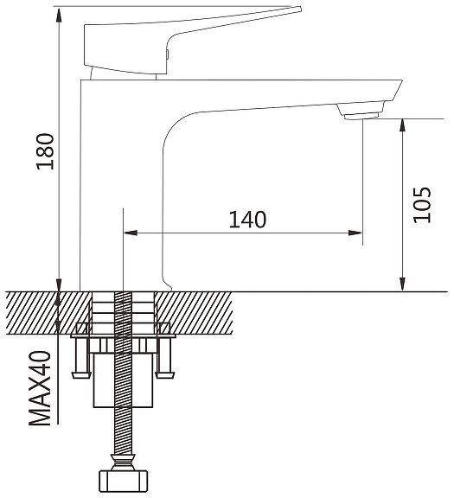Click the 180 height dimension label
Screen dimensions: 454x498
(46, 151)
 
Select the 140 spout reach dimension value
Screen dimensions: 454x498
(247, 220)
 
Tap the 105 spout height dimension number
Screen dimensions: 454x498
(422, 205)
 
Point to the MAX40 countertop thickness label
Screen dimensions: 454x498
(40, 388)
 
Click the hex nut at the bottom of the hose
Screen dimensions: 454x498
(124, 482)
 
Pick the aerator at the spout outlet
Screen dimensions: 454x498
(362, 116)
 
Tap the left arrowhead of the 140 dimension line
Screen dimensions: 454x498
(131, 233)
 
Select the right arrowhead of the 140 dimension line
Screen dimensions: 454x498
(355, 233)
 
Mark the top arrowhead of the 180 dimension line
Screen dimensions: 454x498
(59, 16)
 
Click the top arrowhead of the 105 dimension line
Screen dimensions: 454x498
(402, 125)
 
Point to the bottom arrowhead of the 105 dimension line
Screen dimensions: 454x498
(402, 284)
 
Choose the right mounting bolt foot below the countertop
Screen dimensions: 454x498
(165, 375)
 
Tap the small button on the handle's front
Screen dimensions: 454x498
(167, 54)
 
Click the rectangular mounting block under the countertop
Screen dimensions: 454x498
(124, 380)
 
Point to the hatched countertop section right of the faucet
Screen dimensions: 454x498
(194, 313)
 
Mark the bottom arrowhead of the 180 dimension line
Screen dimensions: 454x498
(59, 285)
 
